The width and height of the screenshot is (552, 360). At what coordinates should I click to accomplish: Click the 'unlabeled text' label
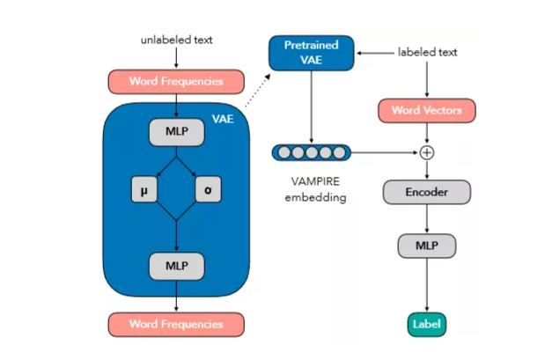[x=176, y=40]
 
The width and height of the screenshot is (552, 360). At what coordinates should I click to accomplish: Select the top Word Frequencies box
[x=176, y=82]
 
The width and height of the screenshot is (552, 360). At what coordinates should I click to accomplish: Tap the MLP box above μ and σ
[x=176, y=133]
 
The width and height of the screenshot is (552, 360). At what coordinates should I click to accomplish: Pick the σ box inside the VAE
[x=209, y=188]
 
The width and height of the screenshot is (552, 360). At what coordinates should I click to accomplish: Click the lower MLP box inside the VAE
[x=176, y=264]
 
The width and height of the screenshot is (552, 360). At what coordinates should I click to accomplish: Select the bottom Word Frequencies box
[x=176, y=323]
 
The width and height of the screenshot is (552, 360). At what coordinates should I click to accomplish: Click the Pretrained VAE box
[x=312, y=53]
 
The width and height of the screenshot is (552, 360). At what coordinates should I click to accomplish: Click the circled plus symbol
[x=427, y=151]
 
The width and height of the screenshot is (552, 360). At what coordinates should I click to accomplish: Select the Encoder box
[x=427, y=191]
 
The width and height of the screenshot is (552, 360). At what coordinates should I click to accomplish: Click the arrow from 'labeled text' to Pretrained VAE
[x=374, y=53]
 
